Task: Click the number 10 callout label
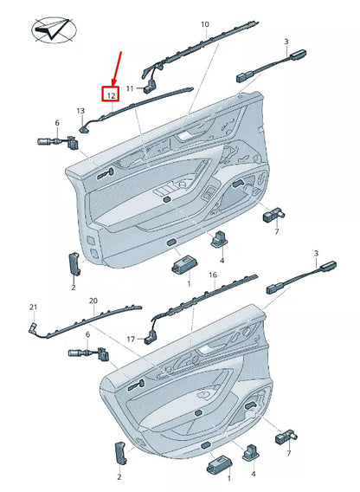(x=204, y=25)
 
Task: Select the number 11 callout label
(x=130, y=89)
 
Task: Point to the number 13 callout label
(x=80, y=111)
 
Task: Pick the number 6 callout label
(x=57, y=123)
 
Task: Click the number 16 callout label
(x=212, y=275)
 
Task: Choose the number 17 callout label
(x=131, y=339)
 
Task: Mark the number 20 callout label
(x=93, y=301)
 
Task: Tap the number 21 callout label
(x=34, y=307)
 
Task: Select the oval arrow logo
(x=51, y=31)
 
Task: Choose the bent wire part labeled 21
(x=35, y=327)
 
